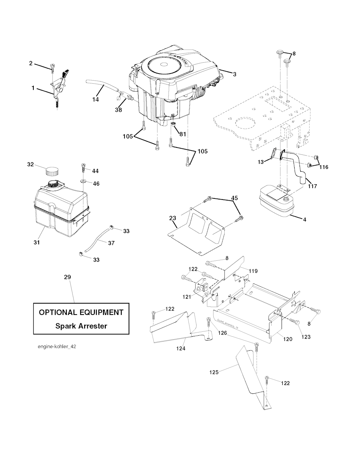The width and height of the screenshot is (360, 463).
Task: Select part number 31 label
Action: [37, 242]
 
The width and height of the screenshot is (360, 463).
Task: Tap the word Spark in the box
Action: [66, 326]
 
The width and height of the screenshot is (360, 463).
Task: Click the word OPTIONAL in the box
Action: [58, 312]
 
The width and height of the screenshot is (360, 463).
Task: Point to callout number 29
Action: [67, 277]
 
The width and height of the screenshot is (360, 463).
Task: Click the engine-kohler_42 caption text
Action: [57, 347]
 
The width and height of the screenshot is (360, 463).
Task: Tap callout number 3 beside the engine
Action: [234, 74]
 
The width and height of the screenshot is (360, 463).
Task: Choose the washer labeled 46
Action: [84, 181]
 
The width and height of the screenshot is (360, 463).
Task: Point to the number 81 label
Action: [182, 134]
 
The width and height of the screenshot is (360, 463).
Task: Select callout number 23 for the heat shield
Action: [172, 218]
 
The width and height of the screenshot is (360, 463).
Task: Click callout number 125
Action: [214, 372]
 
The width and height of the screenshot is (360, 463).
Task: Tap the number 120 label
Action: [288, 339]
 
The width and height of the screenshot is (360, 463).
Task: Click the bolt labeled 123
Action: [295, 321]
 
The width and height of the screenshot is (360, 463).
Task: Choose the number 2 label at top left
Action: [31, 63]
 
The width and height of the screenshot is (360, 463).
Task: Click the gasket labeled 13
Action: [274, 153]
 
